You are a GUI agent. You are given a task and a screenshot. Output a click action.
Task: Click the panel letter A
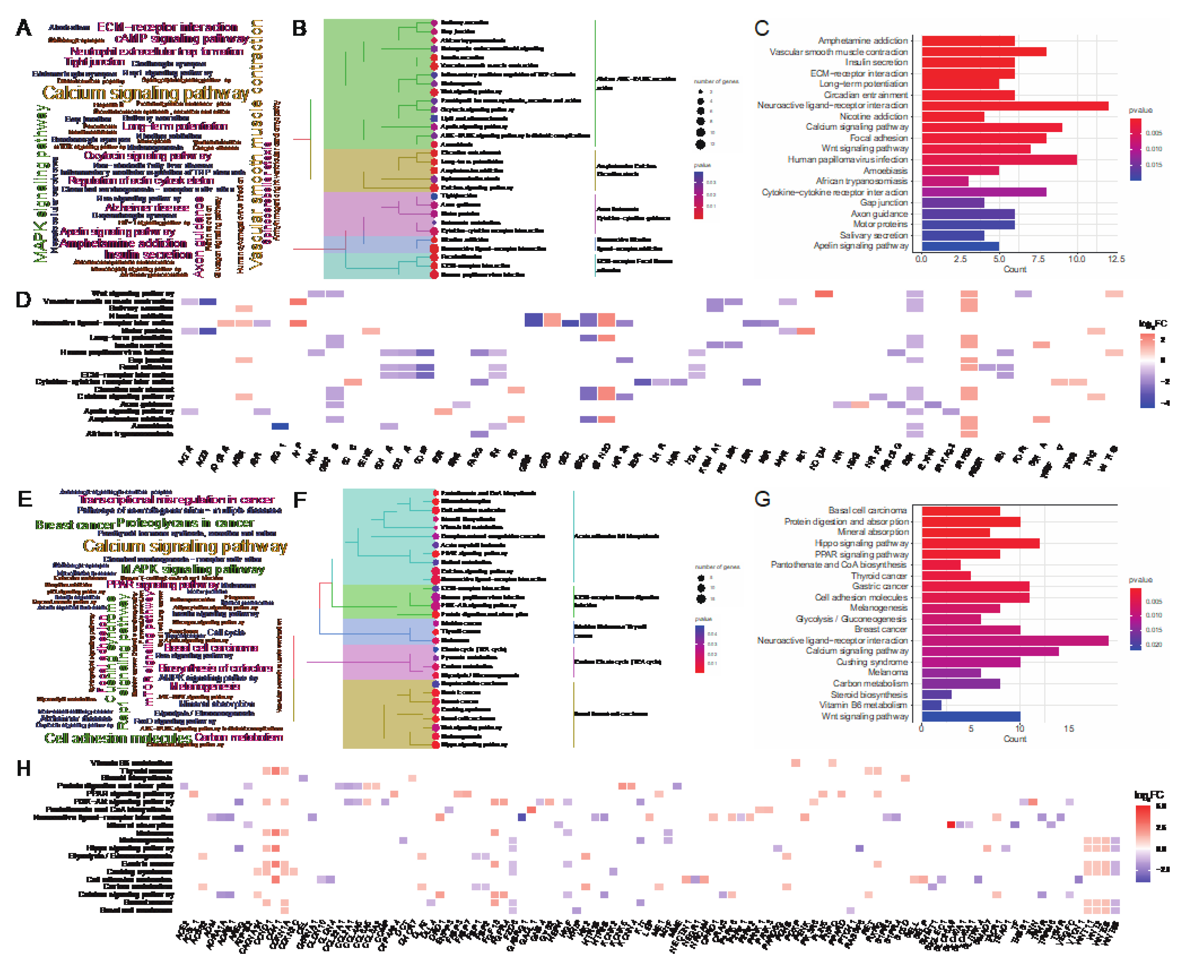[23, 28]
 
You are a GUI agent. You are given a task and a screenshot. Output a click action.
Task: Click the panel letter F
[300, 499]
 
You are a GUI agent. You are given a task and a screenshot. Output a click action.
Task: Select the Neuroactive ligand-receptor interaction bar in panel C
[1014, 106]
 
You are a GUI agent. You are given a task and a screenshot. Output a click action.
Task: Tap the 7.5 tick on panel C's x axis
[1037, 259]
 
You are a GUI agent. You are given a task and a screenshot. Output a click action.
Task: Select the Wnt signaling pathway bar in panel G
[970, 717]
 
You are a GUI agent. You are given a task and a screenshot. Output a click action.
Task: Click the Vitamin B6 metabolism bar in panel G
[931, 705]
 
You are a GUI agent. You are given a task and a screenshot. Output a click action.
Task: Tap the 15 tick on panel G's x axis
[1068, 729]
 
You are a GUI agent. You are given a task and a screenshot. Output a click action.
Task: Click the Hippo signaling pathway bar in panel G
[980, 543]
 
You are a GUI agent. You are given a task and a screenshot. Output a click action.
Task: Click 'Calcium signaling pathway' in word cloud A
[145, 93]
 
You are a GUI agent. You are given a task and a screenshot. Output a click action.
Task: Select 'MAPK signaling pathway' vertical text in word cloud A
[40, 184]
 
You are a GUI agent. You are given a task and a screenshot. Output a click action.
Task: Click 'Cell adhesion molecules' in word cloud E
[118, 738]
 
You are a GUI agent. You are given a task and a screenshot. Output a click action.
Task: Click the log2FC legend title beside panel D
[1152, 323]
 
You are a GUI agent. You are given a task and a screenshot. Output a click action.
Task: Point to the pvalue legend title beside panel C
[1140, 110]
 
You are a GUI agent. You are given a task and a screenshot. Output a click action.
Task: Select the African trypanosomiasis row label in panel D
[129, 434]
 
